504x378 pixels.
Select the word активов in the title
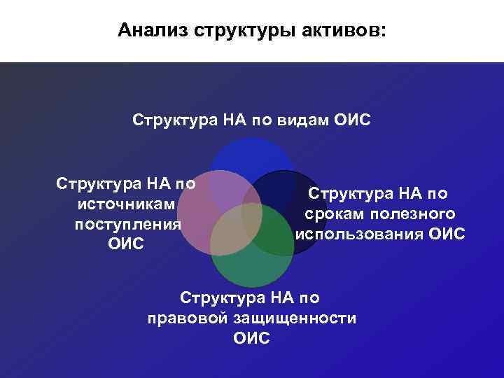point(340,31)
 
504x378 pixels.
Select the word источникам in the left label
point(126,204)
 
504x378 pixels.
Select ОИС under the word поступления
point(126,244)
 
